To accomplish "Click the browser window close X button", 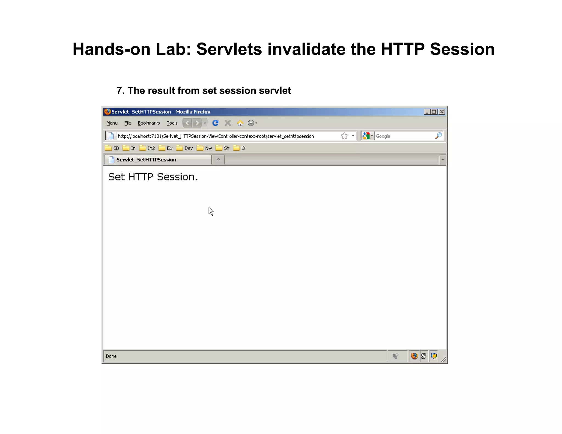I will [x=442, y=112].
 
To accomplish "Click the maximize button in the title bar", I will [x=434, y=112].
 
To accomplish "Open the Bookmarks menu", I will [x=149, y=123].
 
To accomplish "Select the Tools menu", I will [x=172, y=123].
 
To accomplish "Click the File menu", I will [x=128, y=123].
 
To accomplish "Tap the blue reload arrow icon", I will [x=215, y=123].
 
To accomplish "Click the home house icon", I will [x=240, y=123].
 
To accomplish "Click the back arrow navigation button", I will [x=187, y=123].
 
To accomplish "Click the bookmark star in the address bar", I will [x=344, y=136].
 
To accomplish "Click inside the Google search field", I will [x=403, y=136].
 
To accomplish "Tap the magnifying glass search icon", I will [x=439, y=136].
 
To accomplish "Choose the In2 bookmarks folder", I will [x=147, y=148].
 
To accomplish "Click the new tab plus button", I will [x=218, y=160].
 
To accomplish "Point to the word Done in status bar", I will [x=111, y=356].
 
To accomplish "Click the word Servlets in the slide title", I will [x=229, y=49].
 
